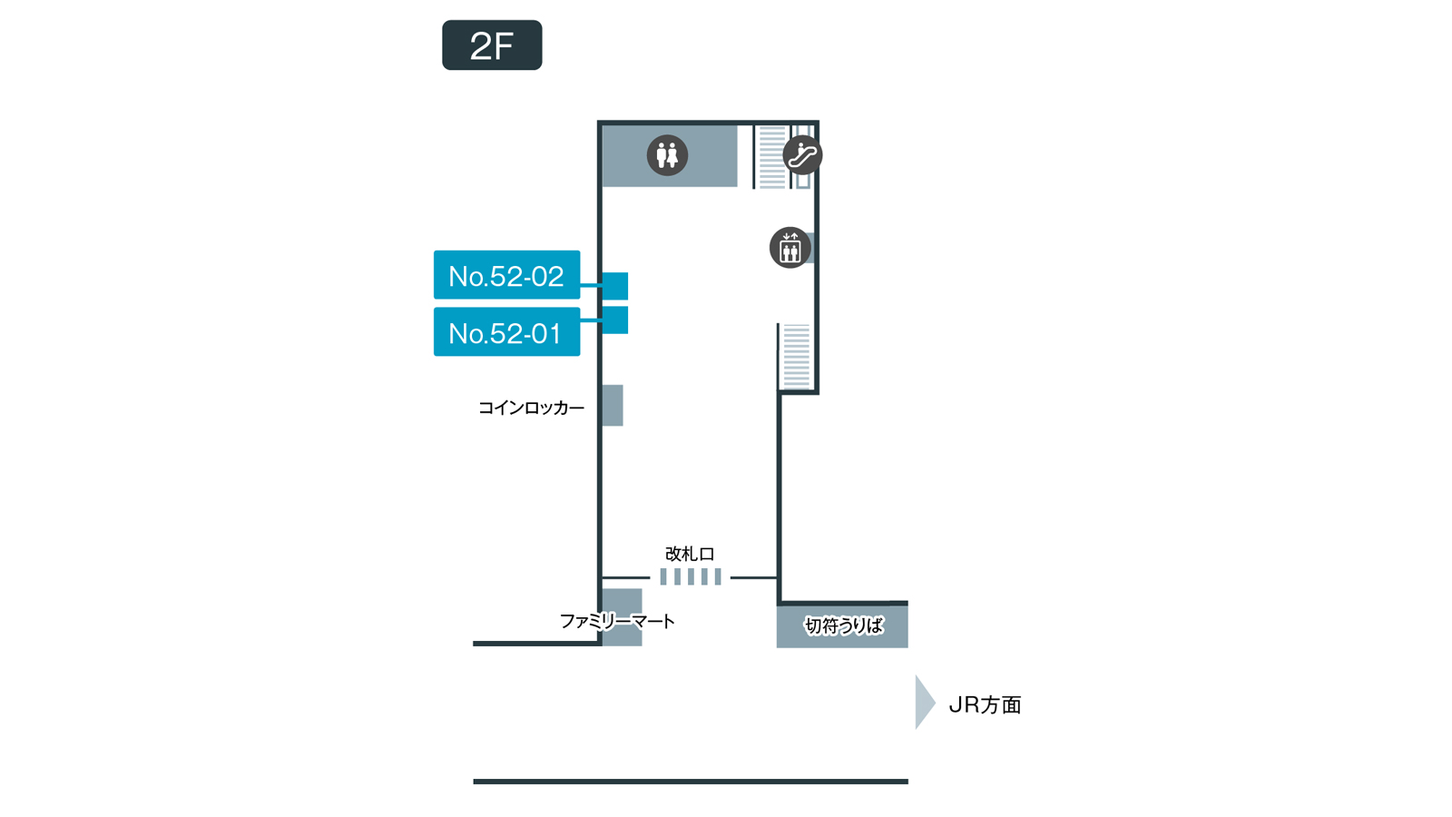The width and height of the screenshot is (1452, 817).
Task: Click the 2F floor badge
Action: (492, 45)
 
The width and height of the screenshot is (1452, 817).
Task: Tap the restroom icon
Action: (667, 155)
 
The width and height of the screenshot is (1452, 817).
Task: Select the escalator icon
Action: (802, 155)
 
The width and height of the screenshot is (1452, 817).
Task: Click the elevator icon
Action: (790, 248)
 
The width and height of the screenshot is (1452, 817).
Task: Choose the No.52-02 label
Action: (506, 275)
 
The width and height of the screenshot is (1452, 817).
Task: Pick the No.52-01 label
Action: (506, 332)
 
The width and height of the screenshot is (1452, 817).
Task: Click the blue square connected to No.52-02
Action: (615, 286)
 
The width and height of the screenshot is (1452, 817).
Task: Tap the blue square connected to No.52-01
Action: (615, 320)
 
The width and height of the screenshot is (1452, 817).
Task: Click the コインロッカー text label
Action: (531, 408)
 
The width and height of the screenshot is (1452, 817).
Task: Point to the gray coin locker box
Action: (613, 405)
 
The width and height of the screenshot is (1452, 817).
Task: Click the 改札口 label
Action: (690, 554)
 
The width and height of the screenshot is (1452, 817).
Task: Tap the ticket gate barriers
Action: (691, 576)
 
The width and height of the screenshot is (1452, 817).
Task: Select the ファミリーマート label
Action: (617, 622)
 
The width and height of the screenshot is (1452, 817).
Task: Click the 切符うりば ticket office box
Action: (842, 625)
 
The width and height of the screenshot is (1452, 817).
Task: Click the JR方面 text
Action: (985, 704)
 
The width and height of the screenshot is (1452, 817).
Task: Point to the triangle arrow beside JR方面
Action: (924, 702)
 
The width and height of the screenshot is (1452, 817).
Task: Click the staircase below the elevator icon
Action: (796, 356)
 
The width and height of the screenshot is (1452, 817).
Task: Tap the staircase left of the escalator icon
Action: (771, 157)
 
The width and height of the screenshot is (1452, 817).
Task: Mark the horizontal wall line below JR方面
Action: (690, 781)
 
